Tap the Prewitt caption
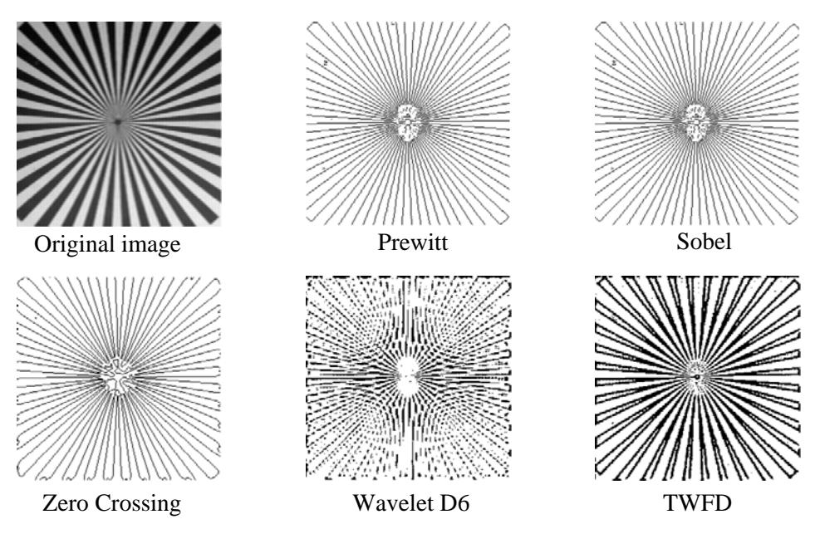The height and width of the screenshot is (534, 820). coord(413,242)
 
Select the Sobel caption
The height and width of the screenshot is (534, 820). coord(704,241)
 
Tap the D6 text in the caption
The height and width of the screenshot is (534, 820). coord(454,502)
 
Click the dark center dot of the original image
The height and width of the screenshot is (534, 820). coord(118,122)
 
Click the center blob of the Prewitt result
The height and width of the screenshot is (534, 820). coord(407,122)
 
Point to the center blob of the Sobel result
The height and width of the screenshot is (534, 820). coord(696,122)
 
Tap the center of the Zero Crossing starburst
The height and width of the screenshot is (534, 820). coord(118,376)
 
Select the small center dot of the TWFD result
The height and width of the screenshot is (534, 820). coord(697,376)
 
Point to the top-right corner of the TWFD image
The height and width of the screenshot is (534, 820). coord(798,277)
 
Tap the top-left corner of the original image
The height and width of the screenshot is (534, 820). coord(17,22)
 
